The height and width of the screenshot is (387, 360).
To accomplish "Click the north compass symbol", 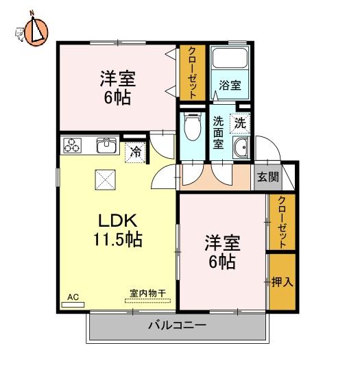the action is pos(36,32).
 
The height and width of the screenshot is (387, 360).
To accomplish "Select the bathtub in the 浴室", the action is pos(230,58).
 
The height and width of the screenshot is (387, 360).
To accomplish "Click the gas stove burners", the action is pos(72,145).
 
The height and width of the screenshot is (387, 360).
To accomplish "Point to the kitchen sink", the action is pos(107,145).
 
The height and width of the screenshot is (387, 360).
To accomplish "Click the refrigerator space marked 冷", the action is pos(135,152).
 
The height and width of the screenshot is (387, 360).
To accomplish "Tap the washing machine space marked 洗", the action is pos(240,123).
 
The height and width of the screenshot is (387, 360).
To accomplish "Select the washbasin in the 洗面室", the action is pos(241,147).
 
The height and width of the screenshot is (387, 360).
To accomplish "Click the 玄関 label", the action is pos(268,177).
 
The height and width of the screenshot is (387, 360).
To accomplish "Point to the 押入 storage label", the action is pos(282,282).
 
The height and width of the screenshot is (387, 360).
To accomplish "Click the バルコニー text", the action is pos(177,325).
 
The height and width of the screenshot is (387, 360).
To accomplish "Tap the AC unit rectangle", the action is pos(73,305).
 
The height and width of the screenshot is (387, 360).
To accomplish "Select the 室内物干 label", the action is pos(147,293).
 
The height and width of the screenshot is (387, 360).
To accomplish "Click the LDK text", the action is pos(118,221).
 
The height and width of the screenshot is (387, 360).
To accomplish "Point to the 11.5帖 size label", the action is pos(118,239).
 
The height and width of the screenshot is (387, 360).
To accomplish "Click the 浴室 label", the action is pos(230,85).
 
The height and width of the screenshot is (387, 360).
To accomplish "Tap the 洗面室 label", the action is pos(219,132).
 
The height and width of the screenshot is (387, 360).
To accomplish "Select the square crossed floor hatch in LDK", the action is pos(106,179).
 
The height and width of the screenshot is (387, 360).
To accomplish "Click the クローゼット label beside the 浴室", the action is pos(193,73).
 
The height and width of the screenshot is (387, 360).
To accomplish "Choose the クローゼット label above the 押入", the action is pos(282,222).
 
